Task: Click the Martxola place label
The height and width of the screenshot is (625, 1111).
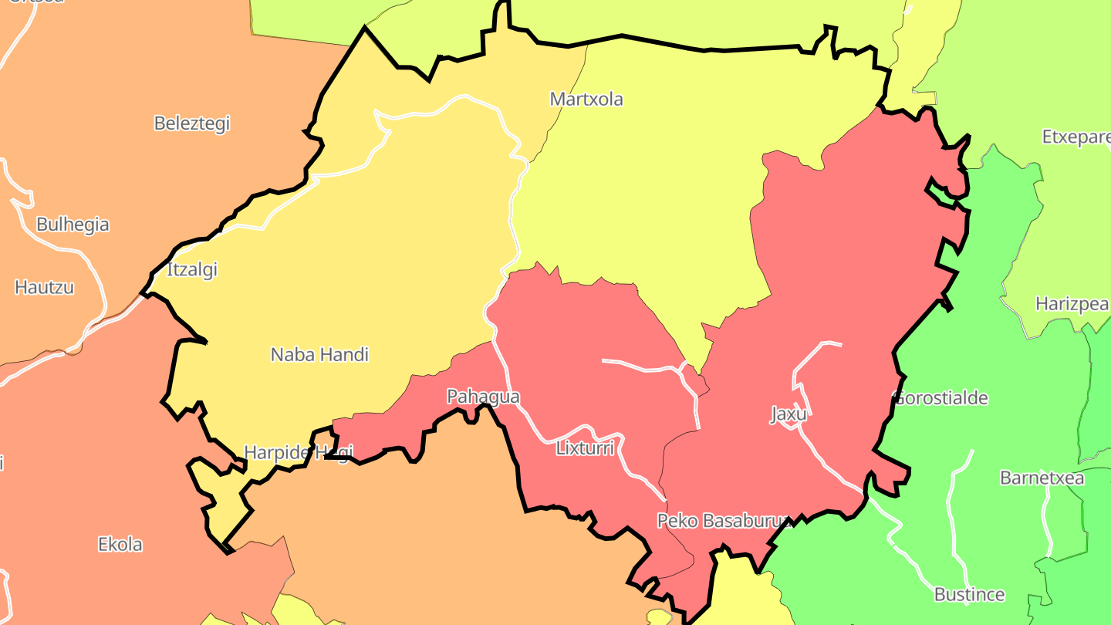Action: click(586, 100)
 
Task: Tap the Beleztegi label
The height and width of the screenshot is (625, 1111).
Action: click(192, 123)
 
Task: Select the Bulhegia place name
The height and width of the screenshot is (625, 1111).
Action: click(73, 225)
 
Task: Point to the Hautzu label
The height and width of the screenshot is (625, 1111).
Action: click(44, 288)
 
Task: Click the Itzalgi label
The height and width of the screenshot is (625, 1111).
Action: click(192, 270)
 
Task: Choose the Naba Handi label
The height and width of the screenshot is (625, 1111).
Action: click(319, 355)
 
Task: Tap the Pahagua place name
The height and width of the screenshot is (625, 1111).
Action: click(483, 397)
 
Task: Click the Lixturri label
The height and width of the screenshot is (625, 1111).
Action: click(585, 448)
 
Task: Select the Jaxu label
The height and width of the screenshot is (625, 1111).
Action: click(788, 414)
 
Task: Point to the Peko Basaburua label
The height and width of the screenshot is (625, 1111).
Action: click(724, 521)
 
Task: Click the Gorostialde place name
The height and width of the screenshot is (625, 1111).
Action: click(940, 399)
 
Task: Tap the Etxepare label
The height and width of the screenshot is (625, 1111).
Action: click(1075, 137)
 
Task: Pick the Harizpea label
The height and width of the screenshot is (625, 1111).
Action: click(1072, 304)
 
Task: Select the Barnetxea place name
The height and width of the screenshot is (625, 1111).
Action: click(1042, 478)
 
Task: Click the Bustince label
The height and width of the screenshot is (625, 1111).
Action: click(969, 595)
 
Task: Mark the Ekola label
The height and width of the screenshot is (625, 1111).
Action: click(120, 545)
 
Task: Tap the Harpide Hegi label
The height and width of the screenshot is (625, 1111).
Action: click(298, 452)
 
